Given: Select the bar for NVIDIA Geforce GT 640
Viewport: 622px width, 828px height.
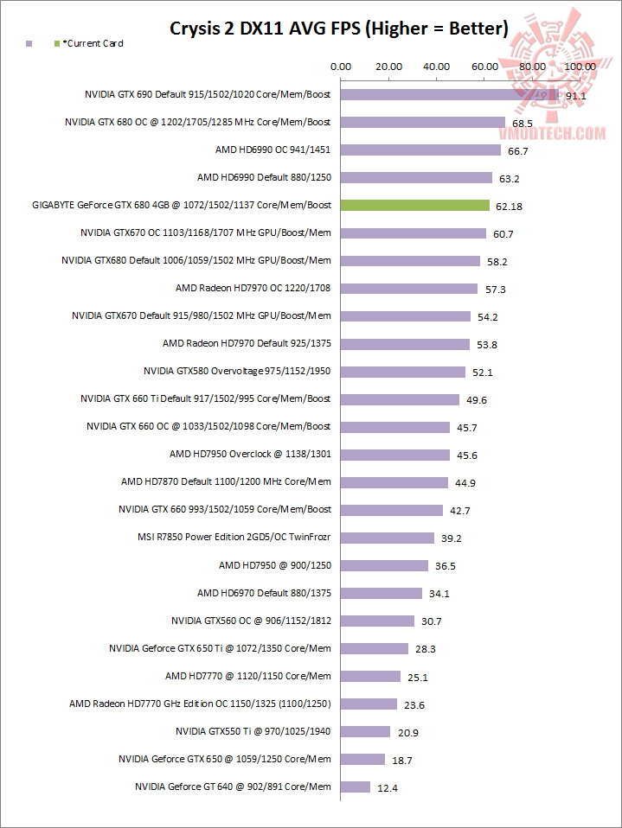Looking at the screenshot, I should point(356,787).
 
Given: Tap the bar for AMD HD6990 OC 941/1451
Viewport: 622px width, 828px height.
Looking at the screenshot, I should point(420,150).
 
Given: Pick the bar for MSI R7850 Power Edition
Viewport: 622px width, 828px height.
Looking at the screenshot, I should point(388,538).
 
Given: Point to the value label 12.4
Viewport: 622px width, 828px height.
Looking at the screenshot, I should point(388,787).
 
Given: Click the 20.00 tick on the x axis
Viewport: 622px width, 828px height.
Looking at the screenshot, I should point(388,67).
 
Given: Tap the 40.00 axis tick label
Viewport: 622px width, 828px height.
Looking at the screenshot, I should point(436,67).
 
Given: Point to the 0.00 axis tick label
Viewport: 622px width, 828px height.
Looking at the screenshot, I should point(341,67).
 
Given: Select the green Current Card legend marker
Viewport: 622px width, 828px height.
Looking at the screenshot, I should point(56,43).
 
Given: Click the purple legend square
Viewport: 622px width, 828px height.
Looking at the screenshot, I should point(29,43).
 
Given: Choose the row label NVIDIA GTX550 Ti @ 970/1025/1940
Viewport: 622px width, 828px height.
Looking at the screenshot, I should point(253,731).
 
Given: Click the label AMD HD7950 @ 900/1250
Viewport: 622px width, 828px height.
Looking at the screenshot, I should point(275,565).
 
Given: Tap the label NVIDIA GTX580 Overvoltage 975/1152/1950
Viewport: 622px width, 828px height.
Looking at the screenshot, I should point(237,372).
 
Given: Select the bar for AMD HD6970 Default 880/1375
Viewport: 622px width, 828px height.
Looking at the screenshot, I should point(382,593).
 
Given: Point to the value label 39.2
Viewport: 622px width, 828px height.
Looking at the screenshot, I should point(451,538).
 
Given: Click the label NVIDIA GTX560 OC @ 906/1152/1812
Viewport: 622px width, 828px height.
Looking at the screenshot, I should point(251,621).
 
